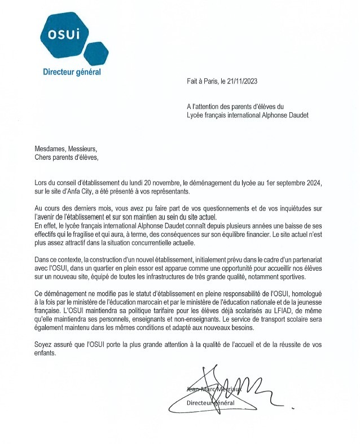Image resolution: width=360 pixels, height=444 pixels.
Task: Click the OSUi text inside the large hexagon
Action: click(x=64, y=34)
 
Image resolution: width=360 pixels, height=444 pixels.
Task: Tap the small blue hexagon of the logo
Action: click(x=95, y=54)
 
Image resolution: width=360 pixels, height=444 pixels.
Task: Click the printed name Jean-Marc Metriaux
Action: click(x=213, y=389)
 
